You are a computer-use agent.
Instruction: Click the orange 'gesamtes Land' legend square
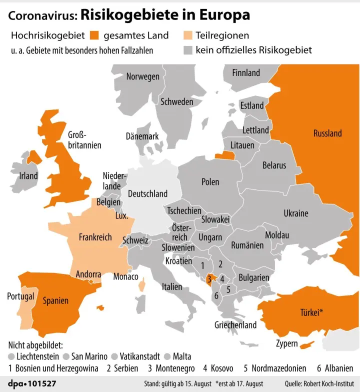coord(95,35)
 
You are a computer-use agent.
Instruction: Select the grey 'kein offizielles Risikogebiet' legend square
coord(188,50)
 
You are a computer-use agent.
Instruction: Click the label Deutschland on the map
coord(147,193)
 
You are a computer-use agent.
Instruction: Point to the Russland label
coord(327,133)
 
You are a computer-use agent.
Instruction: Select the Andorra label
coord(88,275)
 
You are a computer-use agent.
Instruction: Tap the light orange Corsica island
coord(142,284)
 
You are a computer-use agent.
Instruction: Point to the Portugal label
coord(20,296)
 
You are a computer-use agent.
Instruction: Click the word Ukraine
coord(296,213)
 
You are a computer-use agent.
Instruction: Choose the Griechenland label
coord(235,325)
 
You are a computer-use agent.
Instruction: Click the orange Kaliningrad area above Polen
coord(224,155)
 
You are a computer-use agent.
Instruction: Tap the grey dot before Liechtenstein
coord(11,356)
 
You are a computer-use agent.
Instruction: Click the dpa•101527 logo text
coord(32,383)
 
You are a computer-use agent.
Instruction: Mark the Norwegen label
coord(142,77)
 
